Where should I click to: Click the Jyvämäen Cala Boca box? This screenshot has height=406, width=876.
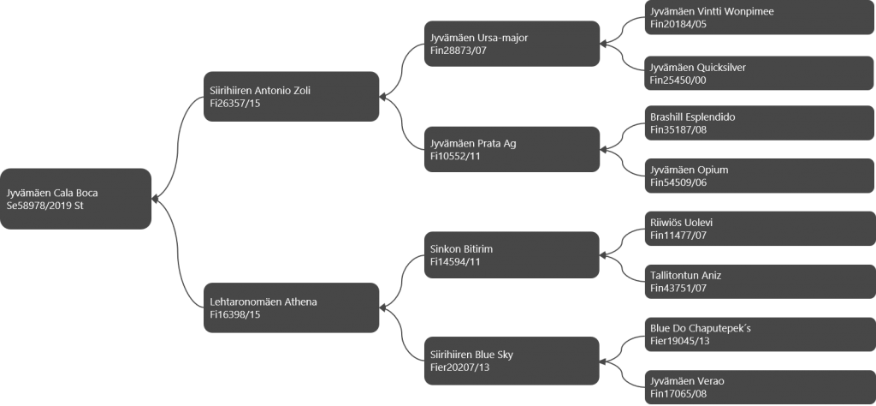point(75,199)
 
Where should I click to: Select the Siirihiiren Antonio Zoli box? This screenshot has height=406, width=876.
point(291,96)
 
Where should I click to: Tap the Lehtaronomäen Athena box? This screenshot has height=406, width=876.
point(291,307)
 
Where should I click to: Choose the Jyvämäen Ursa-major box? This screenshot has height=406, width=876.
point(512,44)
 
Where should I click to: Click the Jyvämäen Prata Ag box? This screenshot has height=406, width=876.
point(512,149)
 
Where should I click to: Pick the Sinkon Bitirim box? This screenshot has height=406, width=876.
point(512,255)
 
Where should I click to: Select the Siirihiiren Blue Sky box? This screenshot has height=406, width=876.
point(512,361)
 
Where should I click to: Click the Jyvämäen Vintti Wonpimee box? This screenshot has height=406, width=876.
point(760,17)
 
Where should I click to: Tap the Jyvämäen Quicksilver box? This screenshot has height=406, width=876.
point(760,74)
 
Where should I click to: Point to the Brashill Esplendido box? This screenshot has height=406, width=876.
point(760,123)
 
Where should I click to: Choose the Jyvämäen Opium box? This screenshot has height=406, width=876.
point(760,176)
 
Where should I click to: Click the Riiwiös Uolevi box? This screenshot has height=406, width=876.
point(760,229)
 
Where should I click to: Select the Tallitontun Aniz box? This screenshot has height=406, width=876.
point(760,281)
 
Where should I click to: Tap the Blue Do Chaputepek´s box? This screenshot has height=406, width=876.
point(760,334)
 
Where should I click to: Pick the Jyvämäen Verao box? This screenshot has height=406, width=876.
point(760,387)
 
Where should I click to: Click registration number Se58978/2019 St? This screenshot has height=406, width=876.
point(44,206)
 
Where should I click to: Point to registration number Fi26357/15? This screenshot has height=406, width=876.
point(235,104)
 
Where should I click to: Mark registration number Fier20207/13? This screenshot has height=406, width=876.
point(459,367)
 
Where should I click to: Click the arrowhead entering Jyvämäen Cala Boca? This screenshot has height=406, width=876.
point(155,199)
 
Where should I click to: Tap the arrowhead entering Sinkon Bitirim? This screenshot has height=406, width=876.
point(603,255)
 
